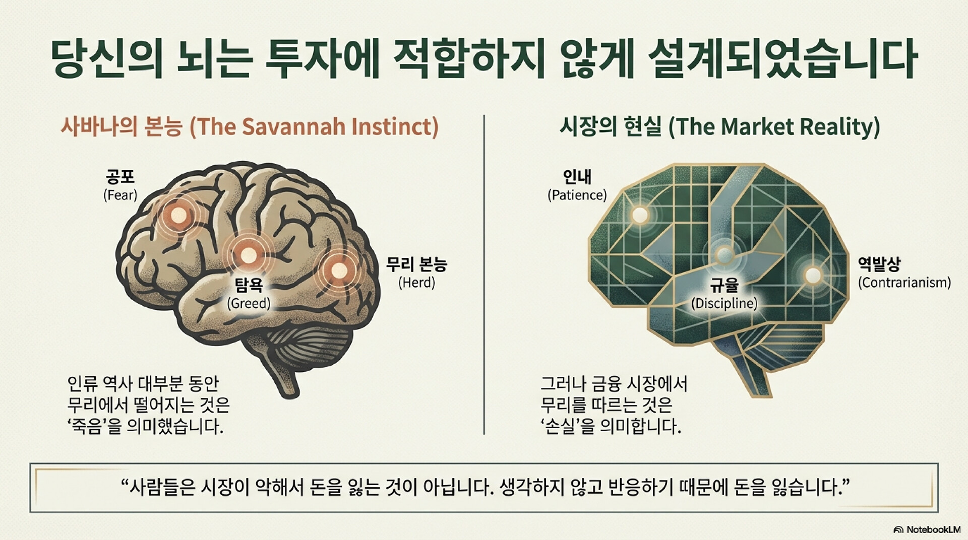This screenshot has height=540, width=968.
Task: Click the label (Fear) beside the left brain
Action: (x=120, y=195)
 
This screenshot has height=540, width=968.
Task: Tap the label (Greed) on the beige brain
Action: (x=249, y=303)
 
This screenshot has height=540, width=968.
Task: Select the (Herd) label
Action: (x=416, y=283)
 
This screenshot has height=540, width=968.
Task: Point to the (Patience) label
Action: (x=577, y=195)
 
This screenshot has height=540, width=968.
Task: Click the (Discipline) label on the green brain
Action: (x=724, y=303)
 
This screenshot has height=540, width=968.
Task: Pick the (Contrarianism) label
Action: (x=904, y=283)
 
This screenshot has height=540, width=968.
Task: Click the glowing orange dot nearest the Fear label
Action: (x=177, y=216)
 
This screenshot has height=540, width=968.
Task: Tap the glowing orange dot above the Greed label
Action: (x=248, y=255)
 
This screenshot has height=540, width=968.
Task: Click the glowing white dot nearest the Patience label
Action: (x=640, y=215)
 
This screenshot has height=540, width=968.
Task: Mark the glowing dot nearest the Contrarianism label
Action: (x=813, y=275)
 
